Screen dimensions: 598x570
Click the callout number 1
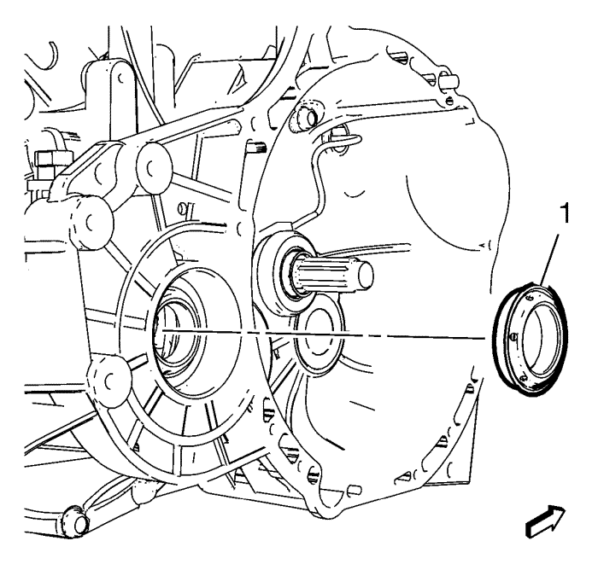565,213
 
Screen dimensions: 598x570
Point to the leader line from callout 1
549,260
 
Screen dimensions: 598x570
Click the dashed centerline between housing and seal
322,334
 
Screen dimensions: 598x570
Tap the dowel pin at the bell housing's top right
448,81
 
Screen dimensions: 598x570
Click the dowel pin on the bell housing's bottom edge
355,489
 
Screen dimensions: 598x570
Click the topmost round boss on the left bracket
154,168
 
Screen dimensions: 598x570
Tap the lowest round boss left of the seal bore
110,379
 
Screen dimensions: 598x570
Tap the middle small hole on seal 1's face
513,336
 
